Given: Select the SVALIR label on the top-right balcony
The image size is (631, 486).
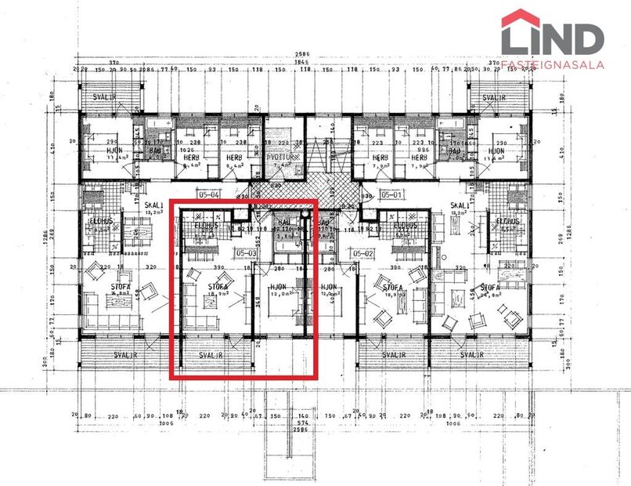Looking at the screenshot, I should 494,98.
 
